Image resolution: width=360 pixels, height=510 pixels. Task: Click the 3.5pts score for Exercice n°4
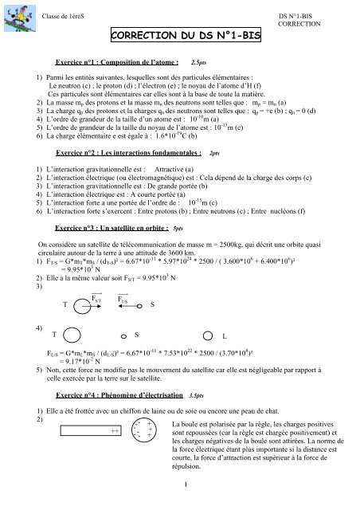pos(198,395)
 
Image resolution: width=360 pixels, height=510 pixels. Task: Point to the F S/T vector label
pos(96,297)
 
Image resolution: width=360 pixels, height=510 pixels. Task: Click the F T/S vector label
pos(135,297)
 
